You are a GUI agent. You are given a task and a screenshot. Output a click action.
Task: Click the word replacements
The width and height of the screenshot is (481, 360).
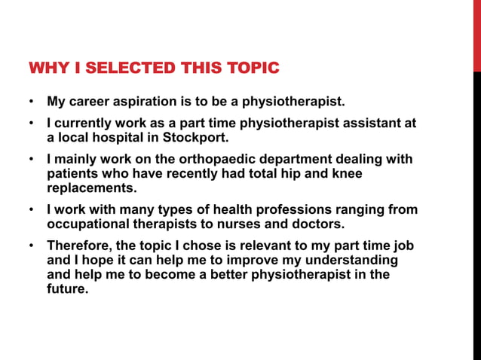[x=92, y=188]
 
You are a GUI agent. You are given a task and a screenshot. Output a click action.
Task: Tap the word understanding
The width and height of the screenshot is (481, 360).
[x=351, y=260]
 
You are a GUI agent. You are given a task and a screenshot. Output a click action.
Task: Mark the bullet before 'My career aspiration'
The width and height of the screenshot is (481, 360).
[x=31, y=102]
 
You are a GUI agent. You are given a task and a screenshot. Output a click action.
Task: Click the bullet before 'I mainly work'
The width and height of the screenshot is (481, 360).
[x=31, y=160]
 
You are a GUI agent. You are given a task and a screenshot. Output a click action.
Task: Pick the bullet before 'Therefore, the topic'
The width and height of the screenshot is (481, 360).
[x=31, y=246]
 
